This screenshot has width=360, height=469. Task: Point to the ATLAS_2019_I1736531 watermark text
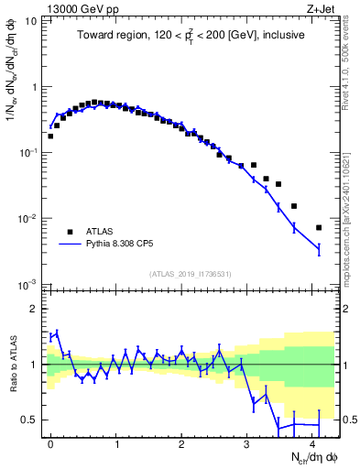[x=191, y=274]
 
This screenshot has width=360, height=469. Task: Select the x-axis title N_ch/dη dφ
[x=310, y=458]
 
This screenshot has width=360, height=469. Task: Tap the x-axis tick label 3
[x=247, y=444]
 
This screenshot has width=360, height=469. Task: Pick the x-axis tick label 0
[x=50, y=444]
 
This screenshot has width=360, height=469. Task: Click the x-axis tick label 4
[x=313, y=444]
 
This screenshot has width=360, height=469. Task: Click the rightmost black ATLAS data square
[x=319, y=227]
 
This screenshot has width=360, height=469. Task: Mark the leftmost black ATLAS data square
[x=50, y=136]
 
